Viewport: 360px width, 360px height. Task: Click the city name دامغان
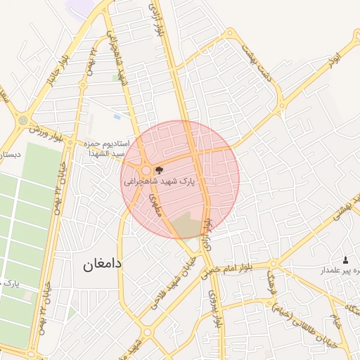(x=97, y=264)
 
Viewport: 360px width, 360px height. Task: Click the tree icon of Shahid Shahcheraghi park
(x=157, y=169)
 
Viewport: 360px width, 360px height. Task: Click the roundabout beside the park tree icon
(x=146, y=170)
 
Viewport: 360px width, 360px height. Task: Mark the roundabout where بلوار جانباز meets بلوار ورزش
(x=25, y=121)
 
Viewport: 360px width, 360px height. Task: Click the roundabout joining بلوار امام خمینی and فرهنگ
(x=273, y=265)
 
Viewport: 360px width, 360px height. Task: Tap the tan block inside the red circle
(x=186, y=226)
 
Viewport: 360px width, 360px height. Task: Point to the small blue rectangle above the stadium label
(x=117, y=116)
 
